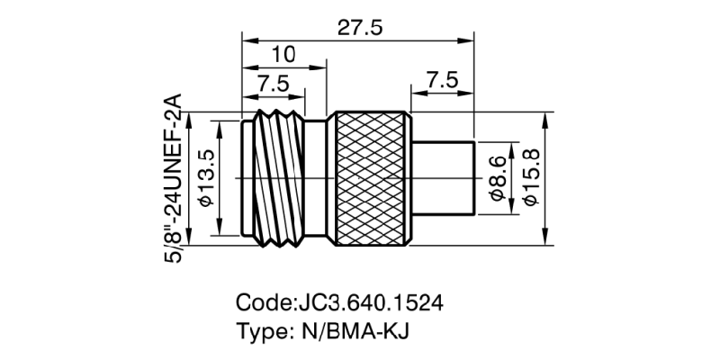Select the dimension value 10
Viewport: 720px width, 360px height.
coord(283,55)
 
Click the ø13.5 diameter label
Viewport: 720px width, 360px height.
coord(205,179)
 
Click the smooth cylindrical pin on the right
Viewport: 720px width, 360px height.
coord(443,179)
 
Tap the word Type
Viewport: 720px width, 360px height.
coord(259,329)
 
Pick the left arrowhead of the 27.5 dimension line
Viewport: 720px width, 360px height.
coord(247,40)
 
